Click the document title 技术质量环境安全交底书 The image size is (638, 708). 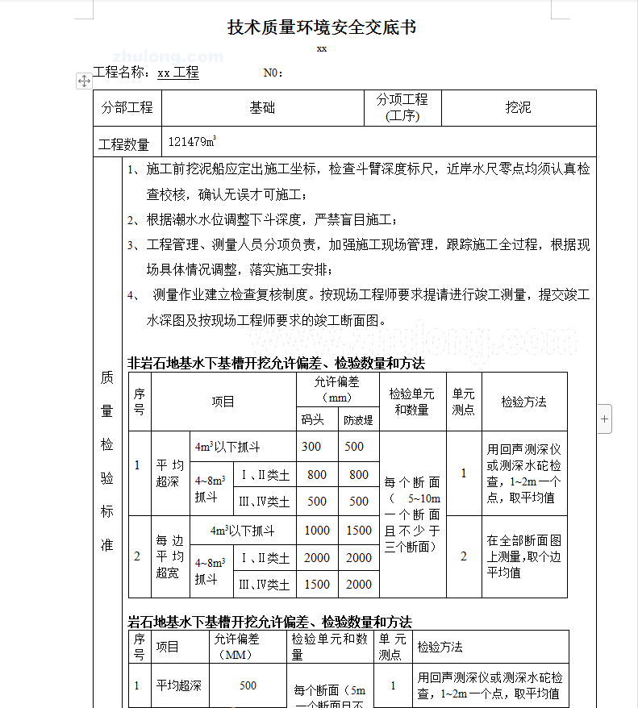coord(322,27)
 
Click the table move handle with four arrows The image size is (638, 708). coord(84,81)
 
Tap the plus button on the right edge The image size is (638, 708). coord(605,419)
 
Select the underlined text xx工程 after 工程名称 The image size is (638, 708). coord(178,73)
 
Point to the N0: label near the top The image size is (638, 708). coord(273,73)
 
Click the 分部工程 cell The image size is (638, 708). coord(127,107)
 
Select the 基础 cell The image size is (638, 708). coord(262,107)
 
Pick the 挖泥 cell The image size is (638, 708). coord(518,107)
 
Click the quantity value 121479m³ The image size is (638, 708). coord(192,142)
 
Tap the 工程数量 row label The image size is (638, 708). coord(124,144)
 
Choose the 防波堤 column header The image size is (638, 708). coord(359,419)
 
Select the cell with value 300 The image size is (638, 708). coord(311,447)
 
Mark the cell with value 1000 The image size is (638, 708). coord(317,531)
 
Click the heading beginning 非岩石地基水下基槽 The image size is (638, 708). coord(276,363)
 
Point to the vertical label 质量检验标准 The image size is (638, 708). coord(106,460)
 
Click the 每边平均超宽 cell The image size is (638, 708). coord(169,556)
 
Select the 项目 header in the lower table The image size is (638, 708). coord(168,647)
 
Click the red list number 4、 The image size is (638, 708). coord(134,295)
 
